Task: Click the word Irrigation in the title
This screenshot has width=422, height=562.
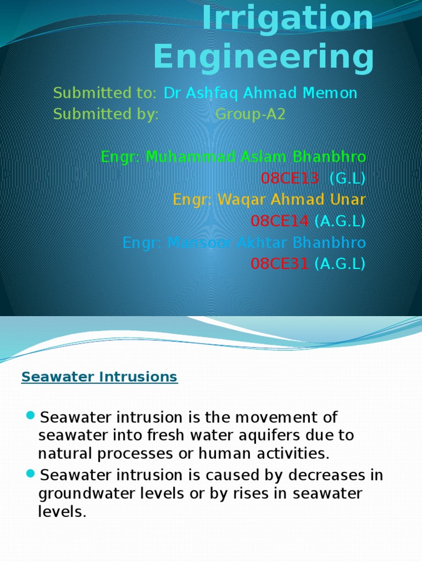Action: (x=287, y=18)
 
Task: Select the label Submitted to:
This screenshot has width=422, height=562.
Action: (x=105, y=93)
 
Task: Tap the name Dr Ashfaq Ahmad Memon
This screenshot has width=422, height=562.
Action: (x=260, y=93)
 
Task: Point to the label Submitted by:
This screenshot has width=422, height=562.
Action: (x=105, y=115)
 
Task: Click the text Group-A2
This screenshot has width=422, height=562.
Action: (x=250, y=115)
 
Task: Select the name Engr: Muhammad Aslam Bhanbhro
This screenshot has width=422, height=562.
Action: (x=233, y=157)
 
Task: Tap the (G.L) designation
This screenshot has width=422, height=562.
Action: (x=347, y=178)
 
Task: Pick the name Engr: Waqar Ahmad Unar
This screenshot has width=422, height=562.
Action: (x=269, y=200)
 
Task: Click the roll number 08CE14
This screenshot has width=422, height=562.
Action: (x=280, y=221)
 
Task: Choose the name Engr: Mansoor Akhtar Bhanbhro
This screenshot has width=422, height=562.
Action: (x=244, y=243)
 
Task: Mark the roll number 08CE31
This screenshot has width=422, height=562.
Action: (x=280, y=264)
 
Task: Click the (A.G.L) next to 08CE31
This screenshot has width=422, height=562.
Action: (x=340, y=264)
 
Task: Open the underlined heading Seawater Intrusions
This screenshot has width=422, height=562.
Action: (x=99, y=378)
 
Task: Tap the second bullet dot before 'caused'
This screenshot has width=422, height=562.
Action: (x=30, y=473)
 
